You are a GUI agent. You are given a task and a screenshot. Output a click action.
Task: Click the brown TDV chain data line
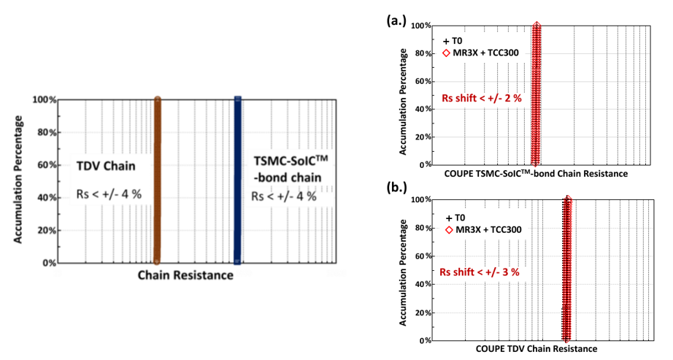pos(156,180)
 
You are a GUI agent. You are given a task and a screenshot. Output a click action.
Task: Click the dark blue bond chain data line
pos(237,180)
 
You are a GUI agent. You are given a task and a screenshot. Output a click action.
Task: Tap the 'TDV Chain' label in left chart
pos(104,166)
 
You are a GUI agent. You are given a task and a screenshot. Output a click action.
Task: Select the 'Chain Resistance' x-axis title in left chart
pos(186,275)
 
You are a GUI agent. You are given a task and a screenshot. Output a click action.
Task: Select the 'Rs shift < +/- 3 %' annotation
pos(480,272)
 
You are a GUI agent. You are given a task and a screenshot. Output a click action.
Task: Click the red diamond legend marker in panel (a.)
pos(447,53)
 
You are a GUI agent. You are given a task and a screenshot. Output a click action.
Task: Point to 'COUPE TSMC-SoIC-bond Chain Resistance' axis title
pos(536,174)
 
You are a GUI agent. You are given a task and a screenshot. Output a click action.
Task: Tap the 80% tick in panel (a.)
pos(422,53)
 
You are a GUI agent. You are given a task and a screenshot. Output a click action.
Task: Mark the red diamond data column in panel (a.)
pos(536,95)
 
